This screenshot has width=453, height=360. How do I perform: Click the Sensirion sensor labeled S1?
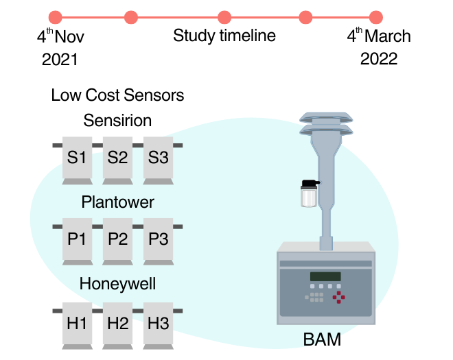(x=77, y=158)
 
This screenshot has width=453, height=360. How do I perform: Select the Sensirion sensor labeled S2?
(x=117, y=158)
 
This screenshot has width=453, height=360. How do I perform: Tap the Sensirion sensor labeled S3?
(x=158, y=158)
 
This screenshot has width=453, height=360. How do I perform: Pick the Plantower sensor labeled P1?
(x=77, y=239)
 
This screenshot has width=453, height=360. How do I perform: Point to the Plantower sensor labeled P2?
(x=117, y=239)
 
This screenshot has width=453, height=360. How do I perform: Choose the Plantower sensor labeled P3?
(x=158, y=239)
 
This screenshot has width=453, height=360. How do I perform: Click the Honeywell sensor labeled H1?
(x=77, y=323)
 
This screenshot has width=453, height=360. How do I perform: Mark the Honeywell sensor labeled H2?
(x=117, y=323)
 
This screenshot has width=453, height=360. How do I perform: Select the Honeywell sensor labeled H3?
(x=158, y=323)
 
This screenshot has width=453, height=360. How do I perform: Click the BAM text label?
(x=322, y=340)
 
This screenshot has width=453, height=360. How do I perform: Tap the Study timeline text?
(x=224, y=36)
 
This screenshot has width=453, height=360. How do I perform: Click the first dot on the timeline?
(x=56, y=17)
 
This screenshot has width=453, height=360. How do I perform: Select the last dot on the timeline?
(x=375, y=17)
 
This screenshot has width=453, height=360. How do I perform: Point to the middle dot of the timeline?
(x=224, y=17)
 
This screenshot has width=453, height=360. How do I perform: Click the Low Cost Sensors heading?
(x=117, y=95)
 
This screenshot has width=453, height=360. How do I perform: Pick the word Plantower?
(x=117, y=202)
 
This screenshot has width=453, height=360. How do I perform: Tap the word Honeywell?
(x=117, y=283)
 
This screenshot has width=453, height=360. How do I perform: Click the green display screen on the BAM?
(x=325, y=277)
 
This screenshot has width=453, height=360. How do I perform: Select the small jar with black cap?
(x=309, y=195)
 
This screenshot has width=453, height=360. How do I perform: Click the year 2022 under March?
(x=379, y=59)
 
